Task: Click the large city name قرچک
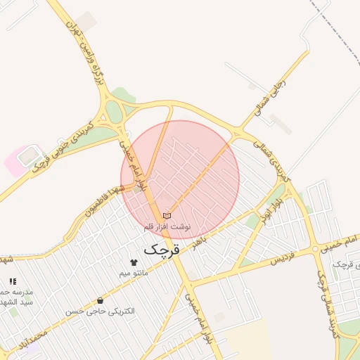click(162, 249)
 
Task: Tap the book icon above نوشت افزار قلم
click(167, 216)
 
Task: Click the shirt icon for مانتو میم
click(134, 262)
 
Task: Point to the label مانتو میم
click(133, 273)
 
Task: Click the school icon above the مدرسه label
click(13, 281)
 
